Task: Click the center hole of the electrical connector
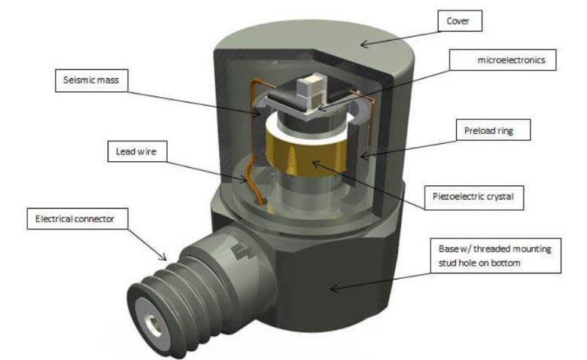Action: coord(154,325)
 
